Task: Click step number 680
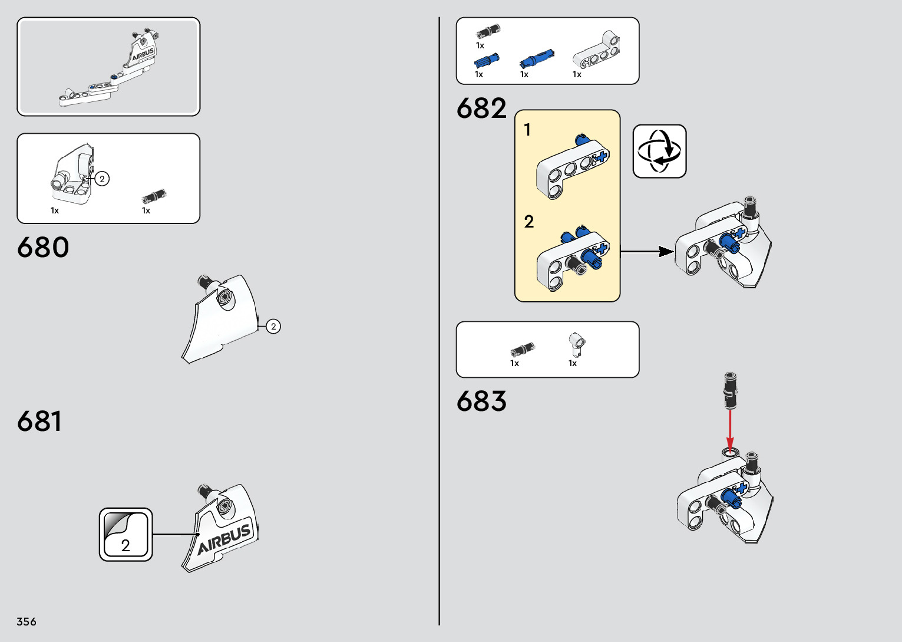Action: coord(43,248)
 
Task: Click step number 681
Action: coord(39,422)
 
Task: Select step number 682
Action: coord(481,108)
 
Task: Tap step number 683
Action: coord(481,401)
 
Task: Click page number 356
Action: coord(27,621)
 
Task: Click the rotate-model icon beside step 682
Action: coord(659,151)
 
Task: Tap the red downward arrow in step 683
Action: coord(730,430)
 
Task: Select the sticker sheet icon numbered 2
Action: coord(125,535)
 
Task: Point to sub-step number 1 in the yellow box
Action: coord(527,130)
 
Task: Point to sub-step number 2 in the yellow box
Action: coord(528,222)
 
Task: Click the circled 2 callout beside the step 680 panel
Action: coord(273,326)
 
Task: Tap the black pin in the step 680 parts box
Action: coord(154,196)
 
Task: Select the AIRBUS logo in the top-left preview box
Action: coord(143,55)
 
